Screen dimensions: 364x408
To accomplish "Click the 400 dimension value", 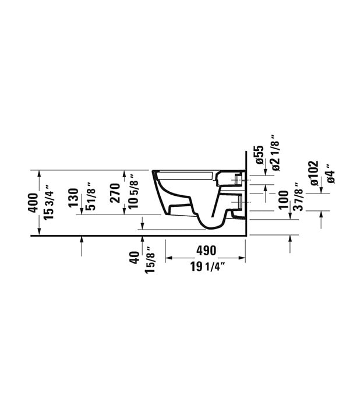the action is pos(33,203).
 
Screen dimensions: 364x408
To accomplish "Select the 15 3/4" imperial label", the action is pos(48,202).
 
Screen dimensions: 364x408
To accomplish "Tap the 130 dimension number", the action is pos(73,198).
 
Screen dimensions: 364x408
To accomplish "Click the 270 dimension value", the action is pos(115,193).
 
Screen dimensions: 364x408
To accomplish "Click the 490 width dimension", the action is pos(206,250).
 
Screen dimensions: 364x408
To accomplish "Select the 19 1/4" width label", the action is pos(207,266).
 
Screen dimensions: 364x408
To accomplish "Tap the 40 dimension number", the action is pos(135,258).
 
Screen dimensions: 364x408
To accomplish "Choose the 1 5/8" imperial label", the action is pos(150,260).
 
